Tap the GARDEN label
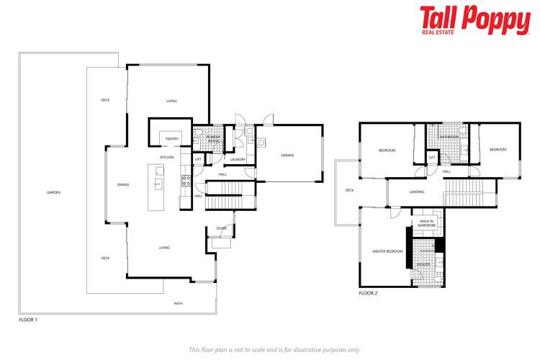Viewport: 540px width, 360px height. click(53, 192)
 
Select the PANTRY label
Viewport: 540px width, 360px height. click(171, 138)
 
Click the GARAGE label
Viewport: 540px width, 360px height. click(287, 156)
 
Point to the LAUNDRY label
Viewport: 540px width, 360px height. click(238, 159)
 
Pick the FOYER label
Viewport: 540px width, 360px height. click(221, 228)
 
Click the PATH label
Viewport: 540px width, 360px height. click(178, 304)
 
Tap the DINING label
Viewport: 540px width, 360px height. click(123, 185)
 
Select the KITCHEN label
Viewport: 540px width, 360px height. click(167, 157)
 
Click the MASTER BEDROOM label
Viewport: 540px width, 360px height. click(387, 251)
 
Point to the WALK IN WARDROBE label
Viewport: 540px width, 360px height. click(427, 223)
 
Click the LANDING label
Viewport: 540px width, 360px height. click(416, 192)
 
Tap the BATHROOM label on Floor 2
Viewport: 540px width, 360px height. click(450, 136)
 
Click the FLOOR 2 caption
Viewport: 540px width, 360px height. click(368, 293)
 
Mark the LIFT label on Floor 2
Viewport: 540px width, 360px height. click(432, 157)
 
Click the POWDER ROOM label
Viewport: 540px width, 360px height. click(213, 139)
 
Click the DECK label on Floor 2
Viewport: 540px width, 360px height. click(349, 190)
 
